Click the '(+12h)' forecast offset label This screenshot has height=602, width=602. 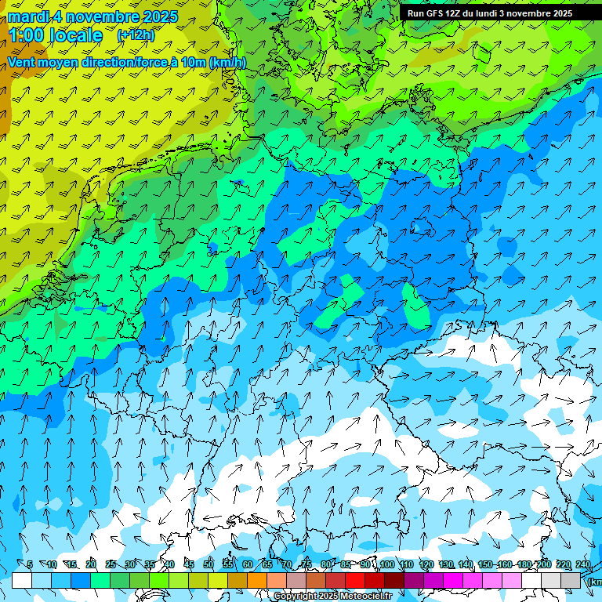[x=136, y=35]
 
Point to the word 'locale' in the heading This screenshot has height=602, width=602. [x=76, y=35]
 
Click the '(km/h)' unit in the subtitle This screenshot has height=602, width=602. [x=227, y=63]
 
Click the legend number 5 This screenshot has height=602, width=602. [x=30, y=565]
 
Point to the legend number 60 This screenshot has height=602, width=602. [x=248, y=565]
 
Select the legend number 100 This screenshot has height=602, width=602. [x=386, y=565]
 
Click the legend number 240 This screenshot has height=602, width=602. [x=582, y=565]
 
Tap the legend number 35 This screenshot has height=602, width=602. [x=150, y=565]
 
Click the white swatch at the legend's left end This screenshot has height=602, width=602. [x=22, y=580]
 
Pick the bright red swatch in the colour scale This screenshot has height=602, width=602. [x=355, y=580]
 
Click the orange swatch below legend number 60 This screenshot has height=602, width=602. [x=257, y=580]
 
